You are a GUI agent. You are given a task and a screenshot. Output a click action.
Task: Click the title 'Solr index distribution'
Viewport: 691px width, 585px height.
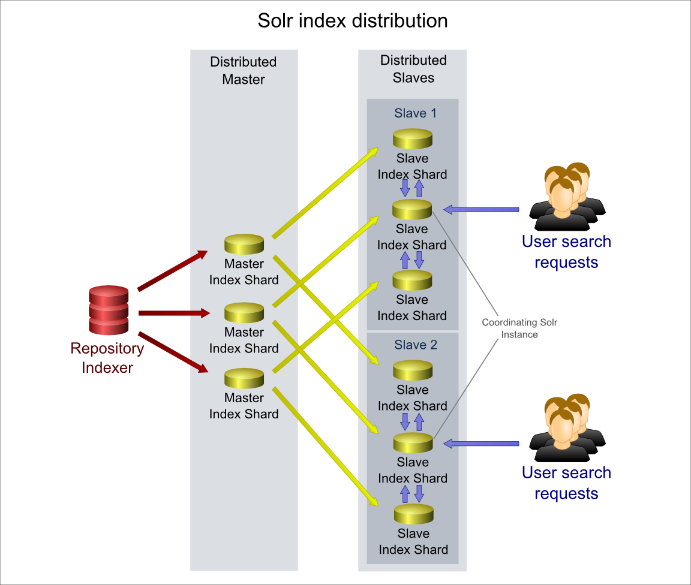[352, 20]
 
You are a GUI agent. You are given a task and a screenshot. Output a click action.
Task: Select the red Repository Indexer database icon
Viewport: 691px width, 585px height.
[109, 310]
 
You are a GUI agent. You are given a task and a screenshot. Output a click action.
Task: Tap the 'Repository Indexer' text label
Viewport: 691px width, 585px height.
[107, 358]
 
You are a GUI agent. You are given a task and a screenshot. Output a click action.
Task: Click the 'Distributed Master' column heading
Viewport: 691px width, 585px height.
[244, 71]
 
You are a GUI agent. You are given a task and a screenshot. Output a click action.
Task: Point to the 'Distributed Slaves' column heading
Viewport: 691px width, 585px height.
[413, 69]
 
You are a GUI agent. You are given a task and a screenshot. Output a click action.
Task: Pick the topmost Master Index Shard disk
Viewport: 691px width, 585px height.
[244, 245]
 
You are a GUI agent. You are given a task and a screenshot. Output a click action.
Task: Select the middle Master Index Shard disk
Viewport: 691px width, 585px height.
[244, 313]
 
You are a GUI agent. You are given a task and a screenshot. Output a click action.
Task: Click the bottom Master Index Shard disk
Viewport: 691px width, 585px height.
[244, 379]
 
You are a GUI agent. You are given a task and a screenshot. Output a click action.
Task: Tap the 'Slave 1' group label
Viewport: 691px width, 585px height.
[415, 113]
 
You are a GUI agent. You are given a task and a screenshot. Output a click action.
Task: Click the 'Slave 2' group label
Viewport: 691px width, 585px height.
[416, 345]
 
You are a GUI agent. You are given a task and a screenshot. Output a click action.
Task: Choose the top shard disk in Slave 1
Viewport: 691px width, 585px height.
[413, 139]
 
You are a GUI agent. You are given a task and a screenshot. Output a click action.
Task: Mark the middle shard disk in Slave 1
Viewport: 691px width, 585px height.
[412, 209]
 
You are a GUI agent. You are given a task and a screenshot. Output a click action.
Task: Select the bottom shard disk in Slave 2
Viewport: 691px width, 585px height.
[414, 514]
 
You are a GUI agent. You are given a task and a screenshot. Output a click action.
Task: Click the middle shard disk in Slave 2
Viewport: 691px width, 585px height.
[413, 443]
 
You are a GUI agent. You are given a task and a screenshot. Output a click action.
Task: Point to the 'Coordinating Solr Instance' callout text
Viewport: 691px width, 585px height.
[519, 328]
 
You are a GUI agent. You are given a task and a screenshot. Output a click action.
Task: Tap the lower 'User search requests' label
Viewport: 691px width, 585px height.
[566, 483]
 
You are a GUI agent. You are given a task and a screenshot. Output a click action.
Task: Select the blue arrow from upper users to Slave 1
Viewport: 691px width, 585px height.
[481, 209]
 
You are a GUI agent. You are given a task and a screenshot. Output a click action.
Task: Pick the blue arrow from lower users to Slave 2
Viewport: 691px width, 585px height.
[481, 443]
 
